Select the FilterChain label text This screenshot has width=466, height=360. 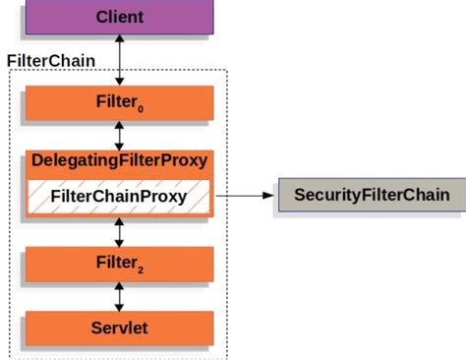pos(51,60)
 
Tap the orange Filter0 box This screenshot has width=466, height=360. pos(118,102)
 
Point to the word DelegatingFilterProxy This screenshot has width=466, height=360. pos(119,159)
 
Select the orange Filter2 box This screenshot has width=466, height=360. pos(118,263)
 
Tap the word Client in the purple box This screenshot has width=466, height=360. pos(119,17)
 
